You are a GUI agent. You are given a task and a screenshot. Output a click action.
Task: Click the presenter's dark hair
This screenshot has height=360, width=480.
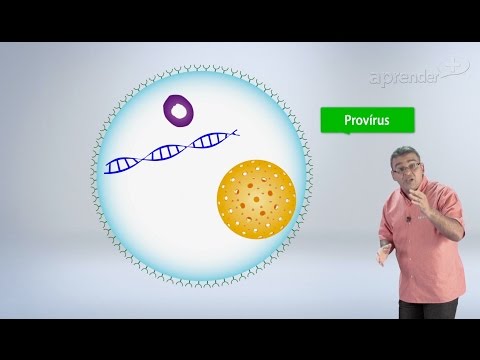410,151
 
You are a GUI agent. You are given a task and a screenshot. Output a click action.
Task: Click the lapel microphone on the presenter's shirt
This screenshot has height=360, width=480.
408,217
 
